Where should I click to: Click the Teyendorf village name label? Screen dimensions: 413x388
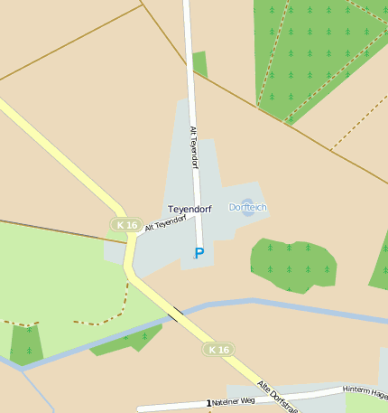pos(189,209)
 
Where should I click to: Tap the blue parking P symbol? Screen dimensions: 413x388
pos(199,253)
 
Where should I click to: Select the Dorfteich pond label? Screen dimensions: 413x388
pos(247,207)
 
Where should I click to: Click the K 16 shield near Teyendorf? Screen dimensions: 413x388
pos(127,225)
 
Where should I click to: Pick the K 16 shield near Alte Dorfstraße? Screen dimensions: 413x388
pos(217,349)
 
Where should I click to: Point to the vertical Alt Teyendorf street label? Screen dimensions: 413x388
pos(193,147)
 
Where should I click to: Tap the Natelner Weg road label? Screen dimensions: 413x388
pos(234,400)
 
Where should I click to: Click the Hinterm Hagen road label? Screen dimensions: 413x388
pos(365,392)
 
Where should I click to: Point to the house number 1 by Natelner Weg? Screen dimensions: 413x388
pos(208,403)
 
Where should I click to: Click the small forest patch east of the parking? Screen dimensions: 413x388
pos(293,264)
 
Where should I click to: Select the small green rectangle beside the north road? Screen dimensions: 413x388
pos(199,65)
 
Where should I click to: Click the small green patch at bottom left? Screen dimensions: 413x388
pos(27,345)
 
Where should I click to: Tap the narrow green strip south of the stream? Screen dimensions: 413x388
pos(126,341)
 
